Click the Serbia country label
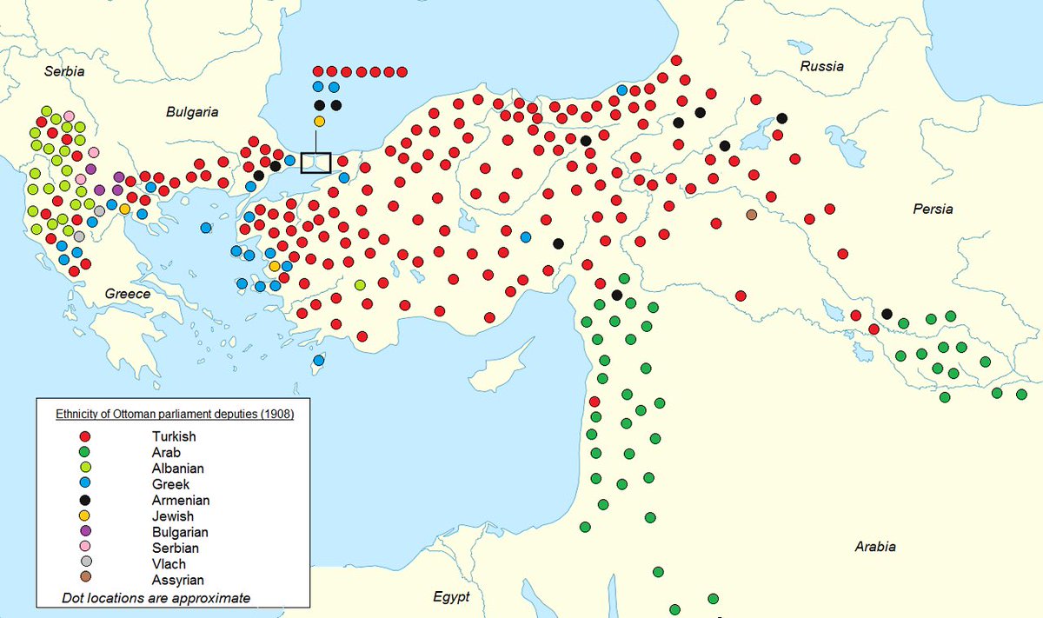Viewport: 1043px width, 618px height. [x=65, y=71]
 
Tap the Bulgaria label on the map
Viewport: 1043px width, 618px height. [x=192, y=112]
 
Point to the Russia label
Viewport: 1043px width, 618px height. [x=822, y=67]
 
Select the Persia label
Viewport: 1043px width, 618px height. [x=933, y=209]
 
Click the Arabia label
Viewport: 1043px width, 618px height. [x=874, y=547]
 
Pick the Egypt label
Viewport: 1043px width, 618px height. [x=451, y=597]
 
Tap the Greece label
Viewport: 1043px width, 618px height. [x=128, y=294]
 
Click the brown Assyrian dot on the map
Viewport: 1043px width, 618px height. [x=752, y=215]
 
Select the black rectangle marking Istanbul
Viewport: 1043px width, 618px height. [x=316, y=162]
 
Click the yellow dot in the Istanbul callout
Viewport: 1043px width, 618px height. [x=319, y=121]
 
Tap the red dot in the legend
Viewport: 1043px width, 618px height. [x=84, y=436]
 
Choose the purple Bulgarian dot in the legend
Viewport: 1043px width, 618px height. [x=84, y=531]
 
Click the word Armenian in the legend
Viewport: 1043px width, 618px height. [x=180, y=500]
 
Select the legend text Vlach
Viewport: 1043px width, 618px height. [x=169, y=562]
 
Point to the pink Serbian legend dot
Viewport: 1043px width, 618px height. [x=84, y=547]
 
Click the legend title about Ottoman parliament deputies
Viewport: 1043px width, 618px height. [x=175, y=415]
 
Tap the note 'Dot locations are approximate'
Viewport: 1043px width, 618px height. [x=156, y=597]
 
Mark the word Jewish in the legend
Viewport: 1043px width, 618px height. [x=173, y=515]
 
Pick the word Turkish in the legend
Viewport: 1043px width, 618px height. [x=174, y=436]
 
